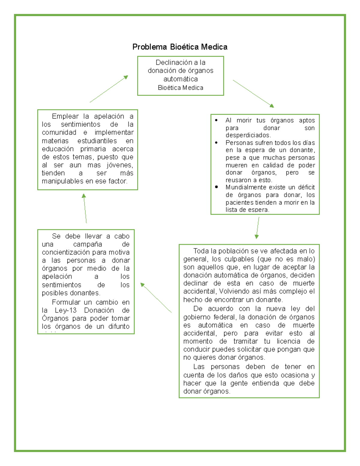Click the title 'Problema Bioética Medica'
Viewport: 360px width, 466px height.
[180, 47]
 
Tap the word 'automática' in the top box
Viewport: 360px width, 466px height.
[180, 79]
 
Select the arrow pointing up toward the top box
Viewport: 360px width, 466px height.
[109, 89]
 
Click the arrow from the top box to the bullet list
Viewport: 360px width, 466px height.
[253, 94]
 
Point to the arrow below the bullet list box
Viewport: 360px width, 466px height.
[257, 227]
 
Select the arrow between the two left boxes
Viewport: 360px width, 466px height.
[85, 208]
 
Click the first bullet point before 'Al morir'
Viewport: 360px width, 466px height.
[216, 120]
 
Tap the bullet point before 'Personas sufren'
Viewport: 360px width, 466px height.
[216, 143]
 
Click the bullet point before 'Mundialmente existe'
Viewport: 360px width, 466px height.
[216, 187]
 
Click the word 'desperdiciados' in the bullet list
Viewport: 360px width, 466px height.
[247, 135]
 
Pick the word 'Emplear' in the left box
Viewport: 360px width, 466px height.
[65, 116]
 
